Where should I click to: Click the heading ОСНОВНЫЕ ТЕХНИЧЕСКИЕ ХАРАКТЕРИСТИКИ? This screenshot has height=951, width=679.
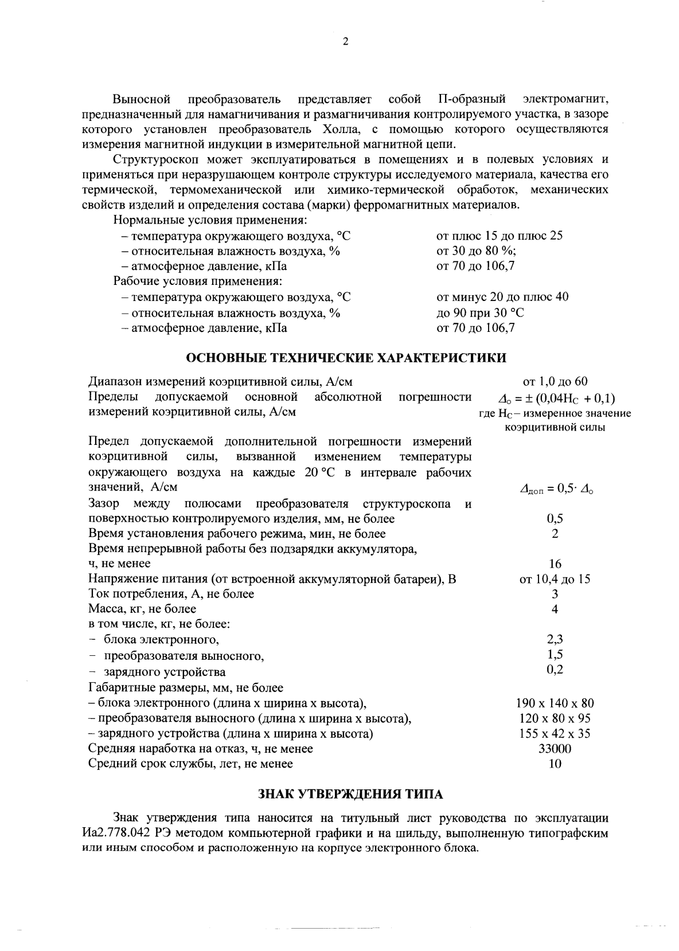[x=347, y=358]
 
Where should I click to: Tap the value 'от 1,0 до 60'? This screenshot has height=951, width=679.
[x=555, y=382]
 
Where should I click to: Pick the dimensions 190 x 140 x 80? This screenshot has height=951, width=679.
[x=555, y=703]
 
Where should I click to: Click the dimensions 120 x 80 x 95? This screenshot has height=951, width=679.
[x=555, y=718]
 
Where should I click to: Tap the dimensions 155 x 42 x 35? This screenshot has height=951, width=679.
[x=555, y=734]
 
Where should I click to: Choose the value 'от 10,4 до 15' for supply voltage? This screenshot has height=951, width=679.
[x=555, y=579]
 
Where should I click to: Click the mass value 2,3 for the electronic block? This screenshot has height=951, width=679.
[x=555, y=639]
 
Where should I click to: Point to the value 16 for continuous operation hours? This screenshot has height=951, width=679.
[x=555, y=564]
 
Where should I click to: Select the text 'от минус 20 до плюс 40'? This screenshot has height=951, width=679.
[x=502, y=297]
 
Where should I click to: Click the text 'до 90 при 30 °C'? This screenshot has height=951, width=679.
[x=480, y=313]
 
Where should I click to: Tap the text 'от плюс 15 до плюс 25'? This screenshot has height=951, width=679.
[x=500, y=236]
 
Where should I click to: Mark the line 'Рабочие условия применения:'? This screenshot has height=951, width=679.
[x=197, y=281]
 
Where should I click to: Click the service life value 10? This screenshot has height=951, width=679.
[x=555, y=764]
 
